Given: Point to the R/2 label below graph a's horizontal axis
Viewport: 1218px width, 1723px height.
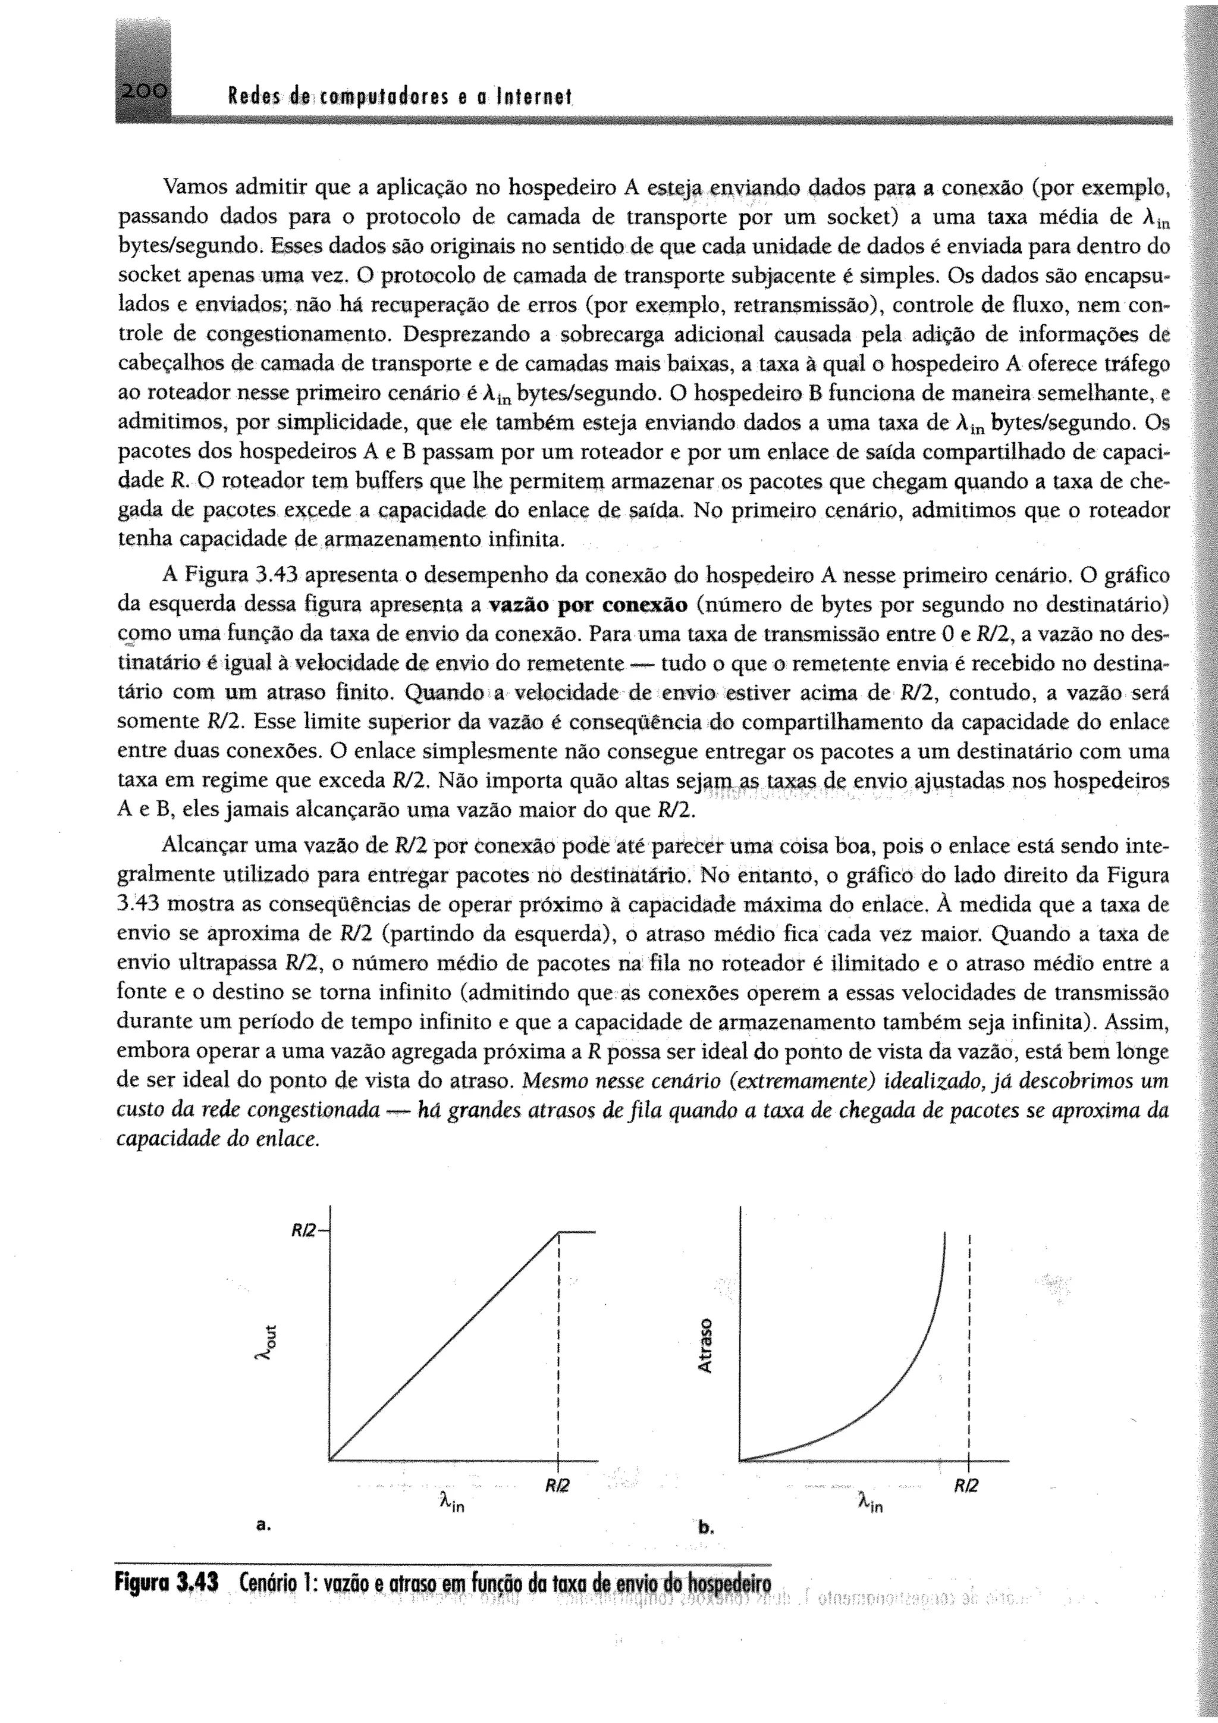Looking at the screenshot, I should tap(557, 1485).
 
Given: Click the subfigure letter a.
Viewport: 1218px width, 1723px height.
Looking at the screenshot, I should tap(262, 1525).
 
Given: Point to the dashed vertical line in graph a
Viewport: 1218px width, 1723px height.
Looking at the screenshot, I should tap(559, 1351).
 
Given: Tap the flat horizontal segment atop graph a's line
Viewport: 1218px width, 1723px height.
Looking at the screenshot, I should tap(577, 1232).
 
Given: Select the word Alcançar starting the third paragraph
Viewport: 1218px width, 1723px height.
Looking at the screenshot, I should tap(202, 846).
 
